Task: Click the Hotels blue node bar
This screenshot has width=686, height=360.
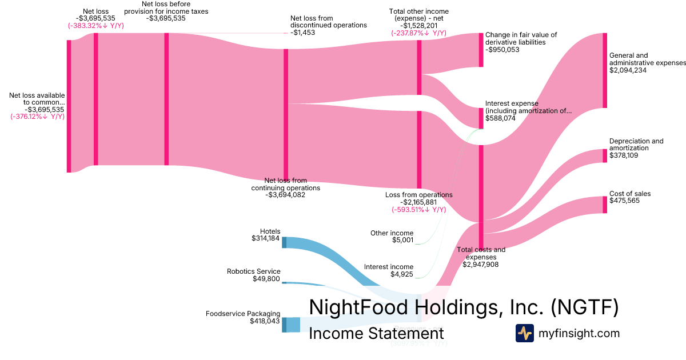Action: click(x=284, y=242)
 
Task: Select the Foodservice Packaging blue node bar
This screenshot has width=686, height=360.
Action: click(x=284, y=325)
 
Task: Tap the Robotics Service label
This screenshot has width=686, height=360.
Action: click(x=253, y=271)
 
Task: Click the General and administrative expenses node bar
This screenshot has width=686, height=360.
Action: click(x=604, y=70)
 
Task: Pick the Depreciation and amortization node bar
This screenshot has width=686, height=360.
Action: click(x=604, y=155)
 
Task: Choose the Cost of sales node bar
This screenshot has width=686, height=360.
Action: click(x=604, y=205)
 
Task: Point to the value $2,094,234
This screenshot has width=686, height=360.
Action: click(x=628, y=70)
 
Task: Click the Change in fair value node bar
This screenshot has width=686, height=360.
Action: click(x=481, y=50)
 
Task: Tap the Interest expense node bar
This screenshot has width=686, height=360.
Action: click(x=481, y=118)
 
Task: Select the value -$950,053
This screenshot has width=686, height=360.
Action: click(x=502, y=50)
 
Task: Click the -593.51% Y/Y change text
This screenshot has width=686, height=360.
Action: click(x=419, y=210)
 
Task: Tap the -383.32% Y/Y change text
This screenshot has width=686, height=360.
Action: click(x=95, y=26)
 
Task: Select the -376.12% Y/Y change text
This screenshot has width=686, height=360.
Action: click(x=37, y=117)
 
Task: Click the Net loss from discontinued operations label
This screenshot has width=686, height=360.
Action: click(x=328, y=22)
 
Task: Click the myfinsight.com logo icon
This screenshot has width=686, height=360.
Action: click(x=524, y=333)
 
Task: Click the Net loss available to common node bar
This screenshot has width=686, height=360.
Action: click(x=69, y=106)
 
